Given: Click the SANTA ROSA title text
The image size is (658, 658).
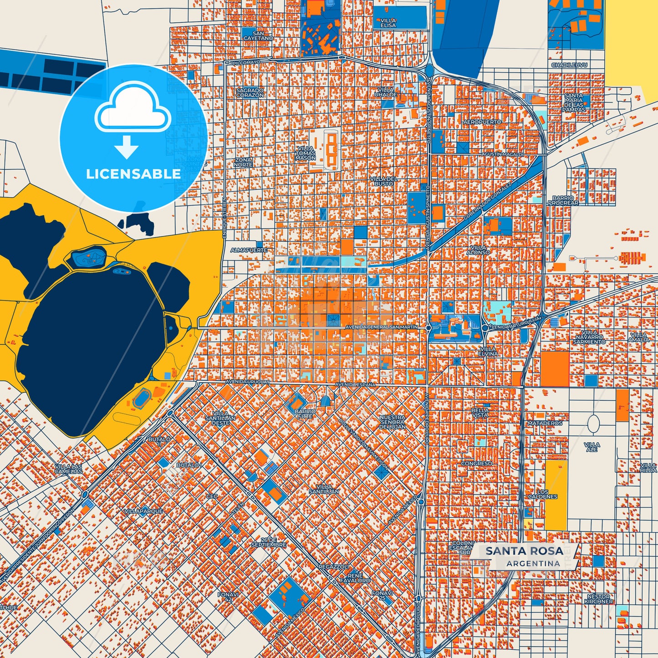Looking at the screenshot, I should pos(524,551).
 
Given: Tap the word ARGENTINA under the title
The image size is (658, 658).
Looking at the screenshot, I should pos(533,563).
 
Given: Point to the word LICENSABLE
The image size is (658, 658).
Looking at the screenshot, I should pos(133,174).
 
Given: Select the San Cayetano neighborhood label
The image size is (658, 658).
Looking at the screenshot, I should pos(258,36).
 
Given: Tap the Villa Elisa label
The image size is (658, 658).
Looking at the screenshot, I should pos(388,23).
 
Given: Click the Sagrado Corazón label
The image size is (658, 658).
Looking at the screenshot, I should pos(250,93).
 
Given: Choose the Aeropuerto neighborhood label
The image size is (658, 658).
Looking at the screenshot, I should pos(482,122).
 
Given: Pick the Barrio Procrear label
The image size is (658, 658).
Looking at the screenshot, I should pos(563,200).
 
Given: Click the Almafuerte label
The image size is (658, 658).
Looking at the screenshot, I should pos(249,250).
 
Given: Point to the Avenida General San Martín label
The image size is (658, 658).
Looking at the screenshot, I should pos(382,327).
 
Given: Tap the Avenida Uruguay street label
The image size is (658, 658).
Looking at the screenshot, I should pos(248,382).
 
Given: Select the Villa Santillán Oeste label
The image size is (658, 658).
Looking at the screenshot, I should pos(220,418).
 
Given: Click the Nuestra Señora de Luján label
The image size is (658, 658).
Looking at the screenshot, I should pos(392,422).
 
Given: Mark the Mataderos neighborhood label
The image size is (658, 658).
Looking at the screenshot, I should pos(545,423).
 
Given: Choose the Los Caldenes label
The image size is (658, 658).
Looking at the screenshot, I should pos(542,494).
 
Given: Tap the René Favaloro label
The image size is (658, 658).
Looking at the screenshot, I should pos(355,578).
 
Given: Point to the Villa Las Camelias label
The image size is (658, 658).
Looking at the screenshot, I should pos(68,469).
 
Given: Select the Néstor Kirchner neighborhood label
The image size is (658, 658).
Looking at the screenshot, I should pos(598,599).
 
